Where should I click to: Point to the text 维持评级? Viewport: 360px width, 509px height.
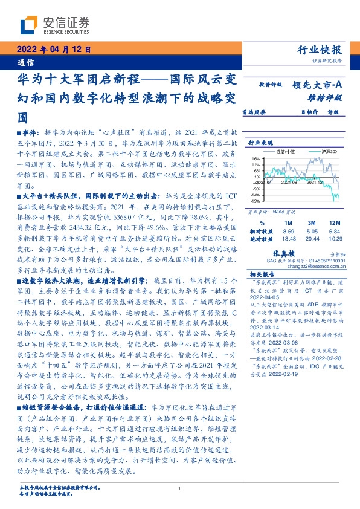point(324,97)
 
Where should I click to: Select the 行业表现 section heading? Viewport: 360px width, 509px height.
point(260,143)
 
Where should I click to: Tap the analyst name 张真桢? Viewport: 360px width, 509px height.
point(297,254)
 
